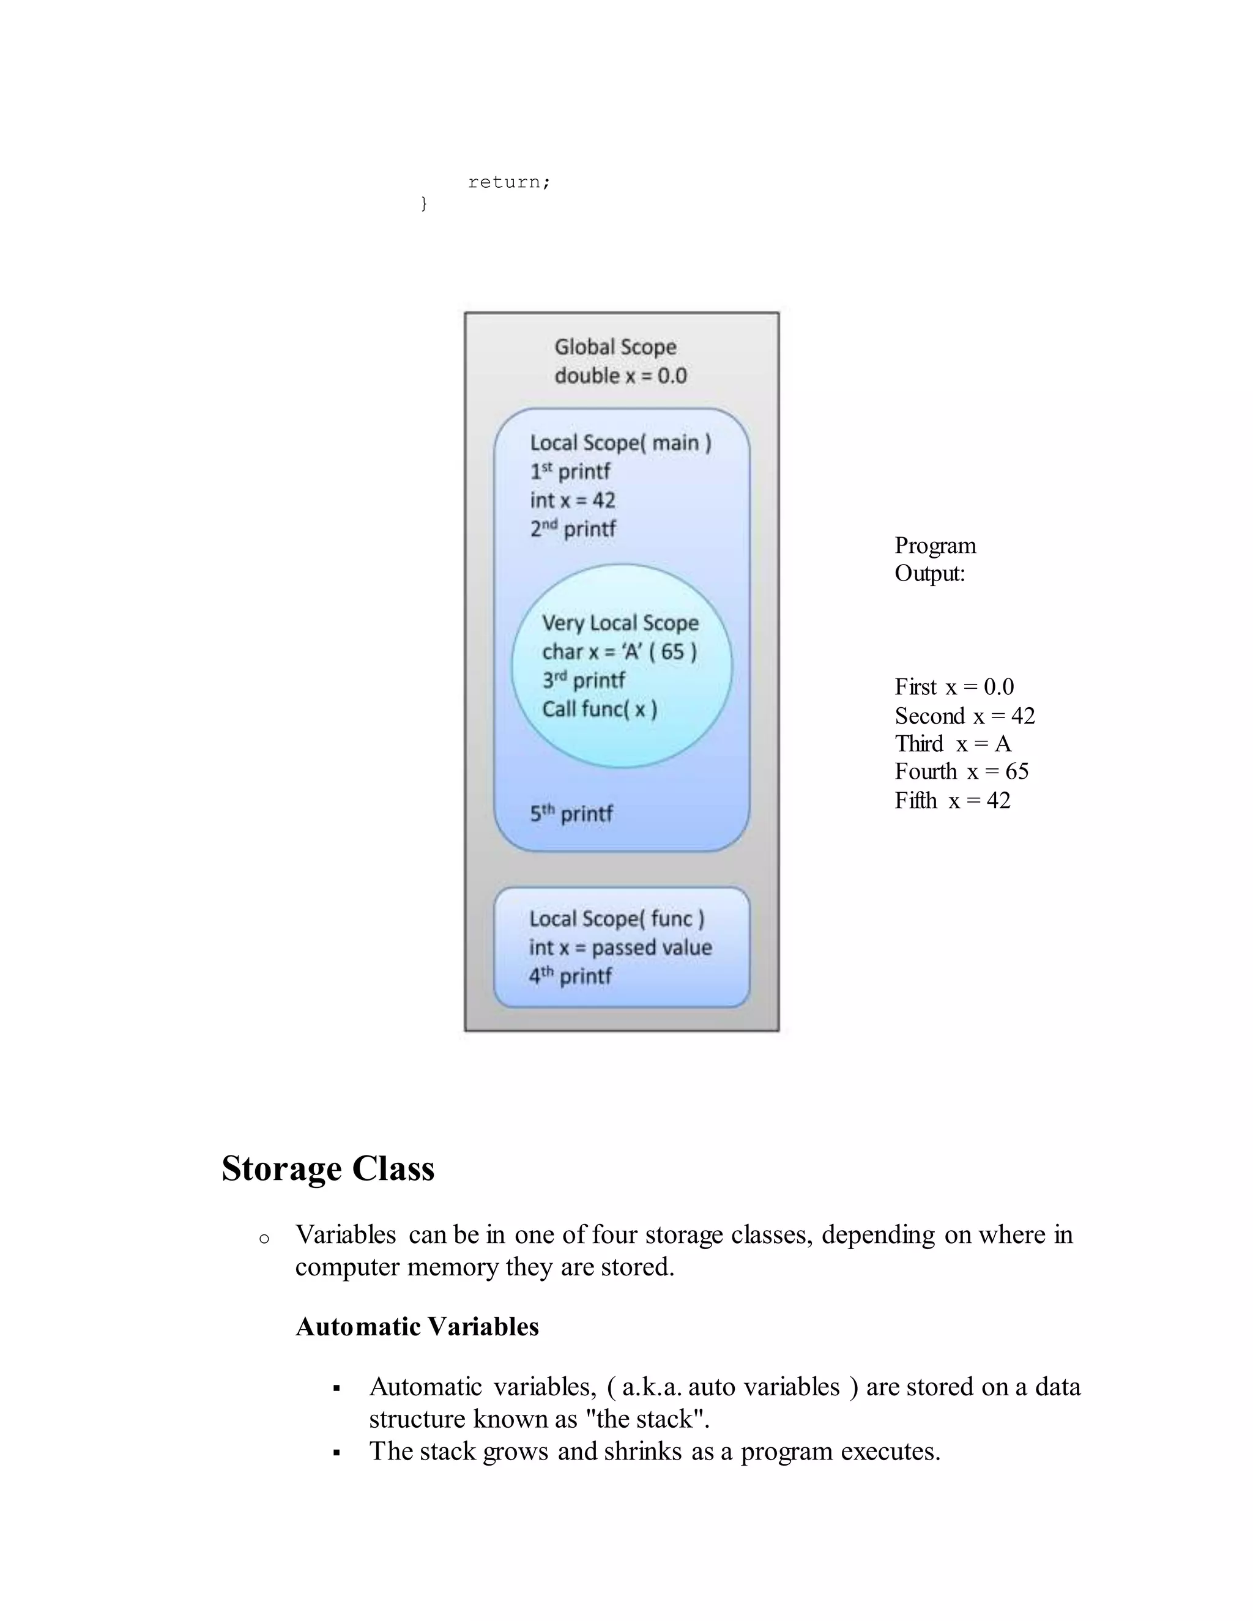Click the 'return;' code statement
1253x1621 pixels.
509,182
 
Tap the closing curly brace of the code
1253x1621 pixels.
424,203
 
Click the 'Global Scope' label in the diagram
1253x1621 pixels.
615,347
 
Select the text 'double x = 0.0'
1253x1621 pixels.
620,376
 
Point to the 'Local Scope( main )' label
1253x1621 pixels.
620,443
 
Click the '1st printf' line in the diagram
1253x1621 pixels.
570,471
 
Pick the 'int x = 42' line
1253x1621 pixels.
572,500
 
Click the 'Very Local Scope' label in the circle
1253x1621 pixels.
620,623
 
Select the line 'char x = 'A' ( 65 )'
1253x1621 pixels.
619,651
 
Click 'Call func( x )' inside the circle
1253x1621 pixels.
599,709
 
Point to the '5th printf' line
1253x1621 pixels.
571,814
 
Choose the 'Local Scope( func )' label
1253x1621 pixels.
616,919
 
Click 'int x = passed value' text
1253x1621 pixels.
620,948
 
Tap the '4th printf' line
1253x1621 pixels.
570,976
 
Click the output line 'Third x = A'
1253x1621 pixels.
953,744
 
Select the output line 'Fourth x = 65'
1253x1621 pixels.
961,772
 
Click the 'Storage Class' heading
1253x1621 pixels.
328,1168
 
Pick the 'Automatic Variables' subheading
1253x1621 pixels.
417,1326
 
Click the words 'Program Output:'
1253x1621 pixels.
935,559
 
